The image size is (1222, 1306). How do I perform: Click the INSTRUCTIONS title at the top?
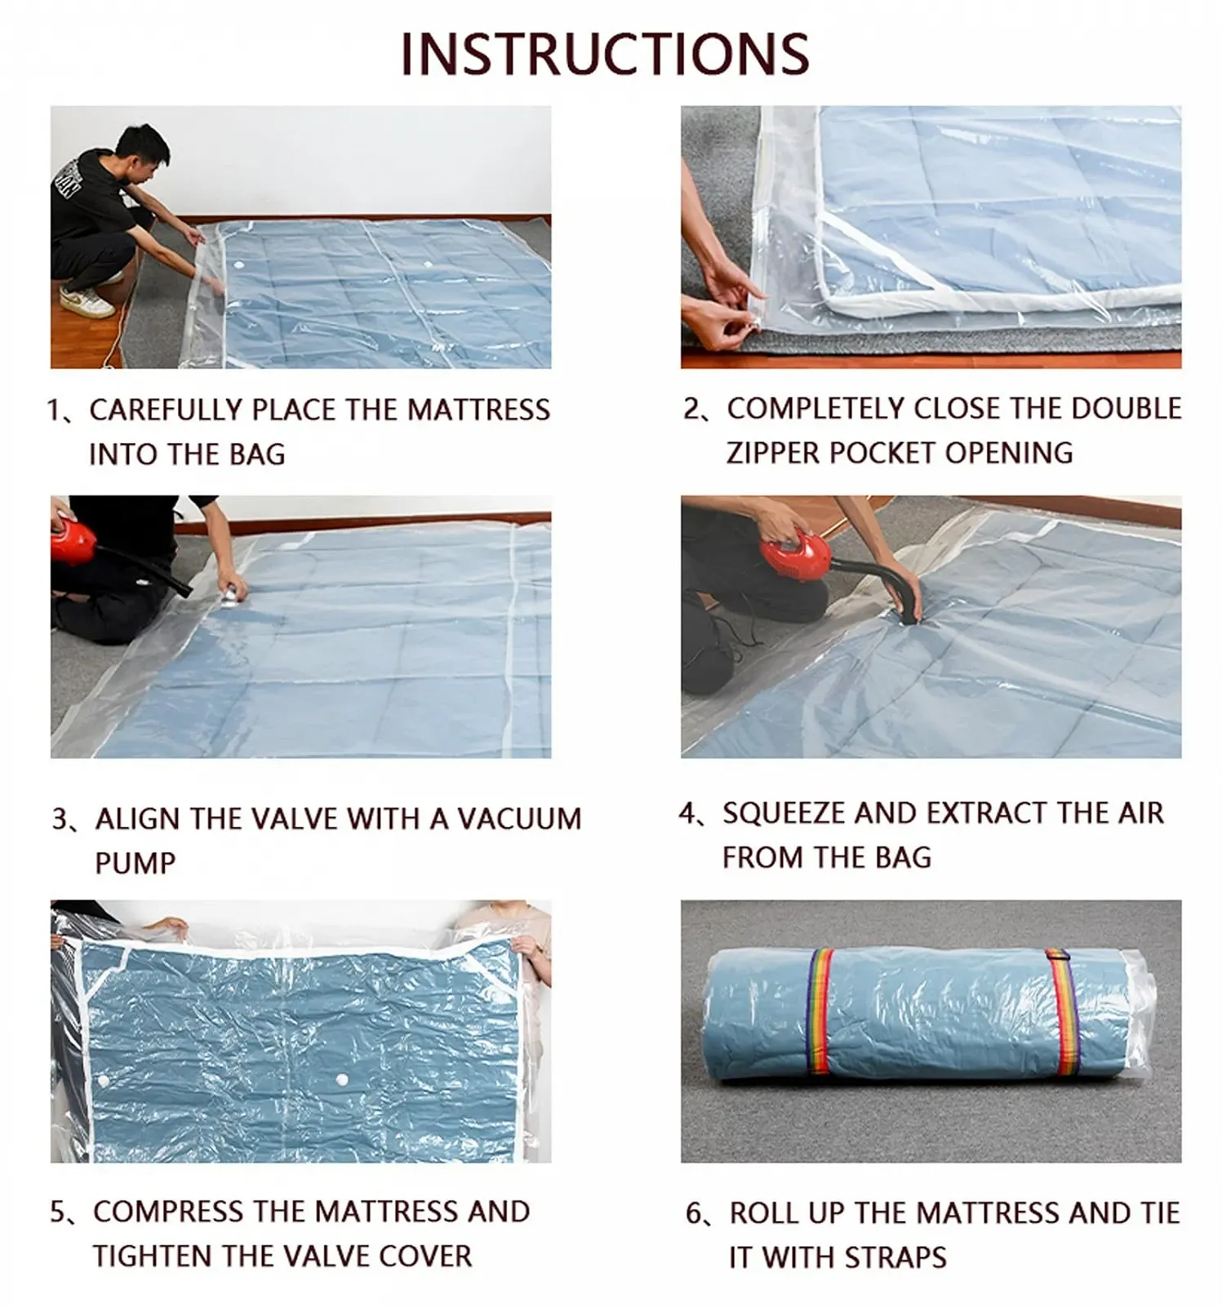(x=605, y=54)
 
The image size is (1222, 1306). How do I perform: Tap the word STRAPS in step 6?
(x=895, y=1257)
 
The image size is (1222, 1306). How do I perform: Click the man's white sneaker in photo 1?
(x=86, y=302)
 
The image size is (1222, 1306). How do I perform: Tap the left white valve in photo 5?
(x=103, y=1082)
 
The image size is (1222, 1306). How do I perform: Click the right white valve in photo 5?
(x=340, y=1082)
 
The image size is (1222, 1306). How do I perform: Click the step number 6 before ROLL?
(x=694, y=1214)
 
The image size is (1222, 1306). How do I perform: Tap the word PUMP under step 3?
(x=135, y=863)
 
